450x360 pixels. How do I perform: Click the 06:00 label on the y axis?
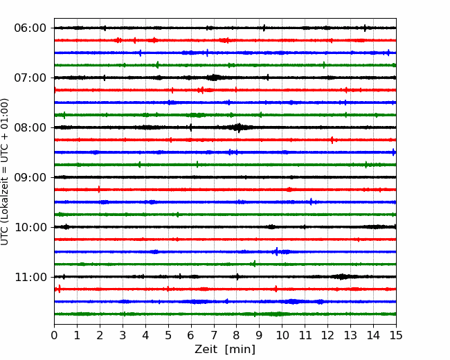(30, 28)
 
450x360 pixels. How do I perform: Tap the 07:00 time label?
(30, 78)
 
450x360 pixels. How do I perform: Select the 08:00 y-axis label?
(30, 127)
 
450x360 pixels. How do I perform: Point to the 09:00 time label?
(30, 177)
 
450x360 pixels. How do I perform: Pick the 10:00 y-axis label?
(30, 227)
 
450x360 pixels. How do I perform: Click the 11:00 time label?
(30, 277)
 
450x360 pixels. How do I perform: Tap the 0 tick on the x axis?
(54, 335)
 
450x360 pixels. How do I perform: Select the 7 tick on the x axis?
(214, 335)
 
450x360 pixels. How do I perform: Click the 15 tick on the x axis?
(396, 335)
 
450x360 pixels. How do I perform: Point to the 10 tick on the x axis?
(282, 335)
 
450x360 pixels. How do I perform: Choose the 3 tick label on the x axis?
(123, 335)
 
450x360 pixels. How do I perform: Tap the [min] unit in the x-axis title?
(240, 350)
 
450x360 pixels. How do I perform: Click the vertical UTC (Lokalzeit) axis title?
(4, 172)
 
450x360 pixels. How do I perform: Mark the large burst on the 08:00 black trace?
(238, 127)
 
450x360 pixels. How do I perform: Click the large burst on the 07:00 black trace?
(214, 78)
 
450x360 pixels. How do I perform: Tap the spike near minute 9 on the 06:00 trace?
(264, 28)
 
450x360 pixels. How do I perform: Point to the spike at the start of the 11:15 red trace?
(59, 289)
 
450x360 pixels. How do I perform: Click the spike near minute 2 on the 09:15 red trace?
(99, 190)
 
